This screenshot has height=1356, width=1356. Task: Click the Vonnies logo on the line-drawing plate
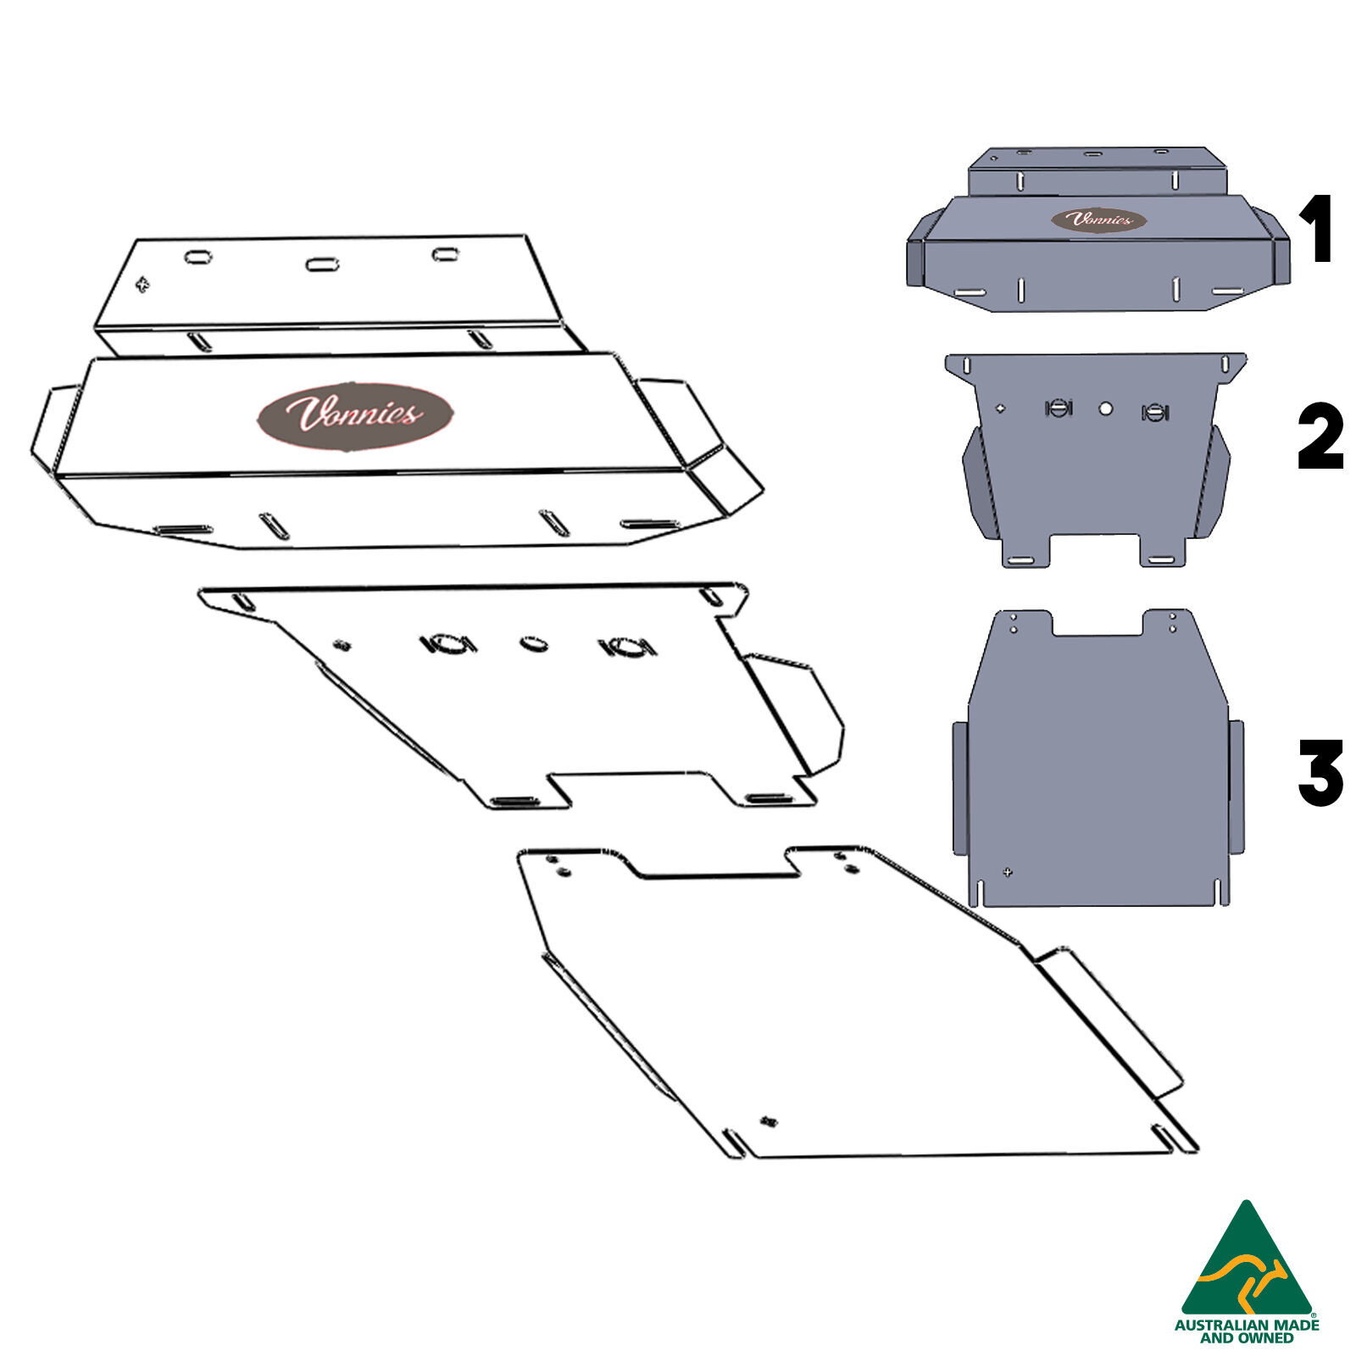click(354, 415)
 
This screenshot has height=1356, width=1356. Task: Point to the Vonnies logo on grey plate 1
click(1099, 220)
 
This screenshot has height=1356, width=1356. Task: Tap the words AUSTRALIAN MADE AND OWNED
click(1246, 1331)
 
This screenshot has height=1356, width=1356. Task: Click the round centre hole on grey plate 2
click(1105, 408)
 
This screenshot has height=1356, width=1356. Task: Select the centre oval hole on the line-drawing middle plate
click(533, 644)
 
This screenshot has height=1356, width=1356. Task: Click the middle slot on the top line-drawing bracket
click(322, 264)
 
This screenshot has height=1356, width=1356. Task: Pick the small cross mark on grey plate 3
click(1007, 872)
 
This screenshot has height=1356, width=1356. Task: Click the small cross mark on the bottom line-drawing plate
click(770, 1121)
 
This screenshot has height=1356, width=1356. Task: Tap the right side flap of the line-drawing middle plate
click(792, 712)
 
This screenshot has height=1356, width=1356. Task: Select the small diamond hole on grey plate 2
click(1001, 408)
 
